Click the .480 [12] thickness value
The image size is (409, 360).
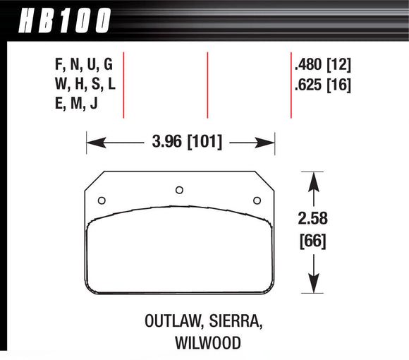[x=322, y=66]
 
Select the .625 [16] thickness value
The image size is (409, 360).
[x=322, y=85]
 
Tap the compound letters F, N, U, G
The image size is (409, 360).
[x=83, y=66]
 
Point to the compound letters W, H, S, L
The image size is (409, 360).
[x=83, y=85]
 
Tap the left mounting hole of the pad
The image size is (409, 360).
[x=101, y=199]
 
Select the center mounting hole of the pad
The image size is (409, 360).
[x=179, y=188]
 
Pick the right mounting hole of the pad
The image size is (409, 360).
[x=257, y=199]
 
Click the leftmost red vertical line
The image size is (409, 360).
[x=123, y=85]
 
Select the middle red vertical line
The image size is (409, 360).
[x=207, y=85]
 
